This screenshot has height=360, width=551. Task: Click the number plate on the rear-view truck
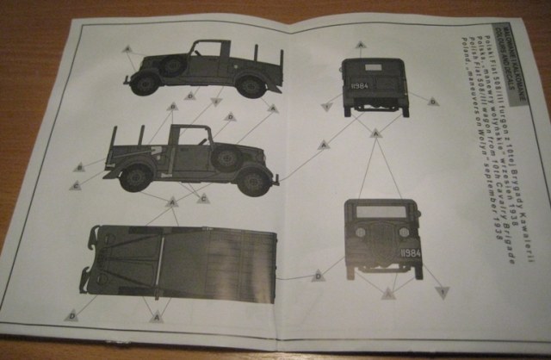[360, 86]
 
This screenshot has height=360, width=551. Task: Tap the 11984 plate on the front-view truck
[411, 254]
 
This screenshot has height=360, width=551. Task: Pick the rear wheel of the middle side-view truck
[136, 177]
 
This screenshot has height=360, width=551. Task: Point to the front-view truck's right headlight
[405, 233]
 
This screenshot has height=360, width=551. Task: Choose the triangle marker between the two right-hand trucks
[375, 133]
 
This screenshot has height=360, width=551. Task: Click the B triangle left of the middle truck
[80, 165]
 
